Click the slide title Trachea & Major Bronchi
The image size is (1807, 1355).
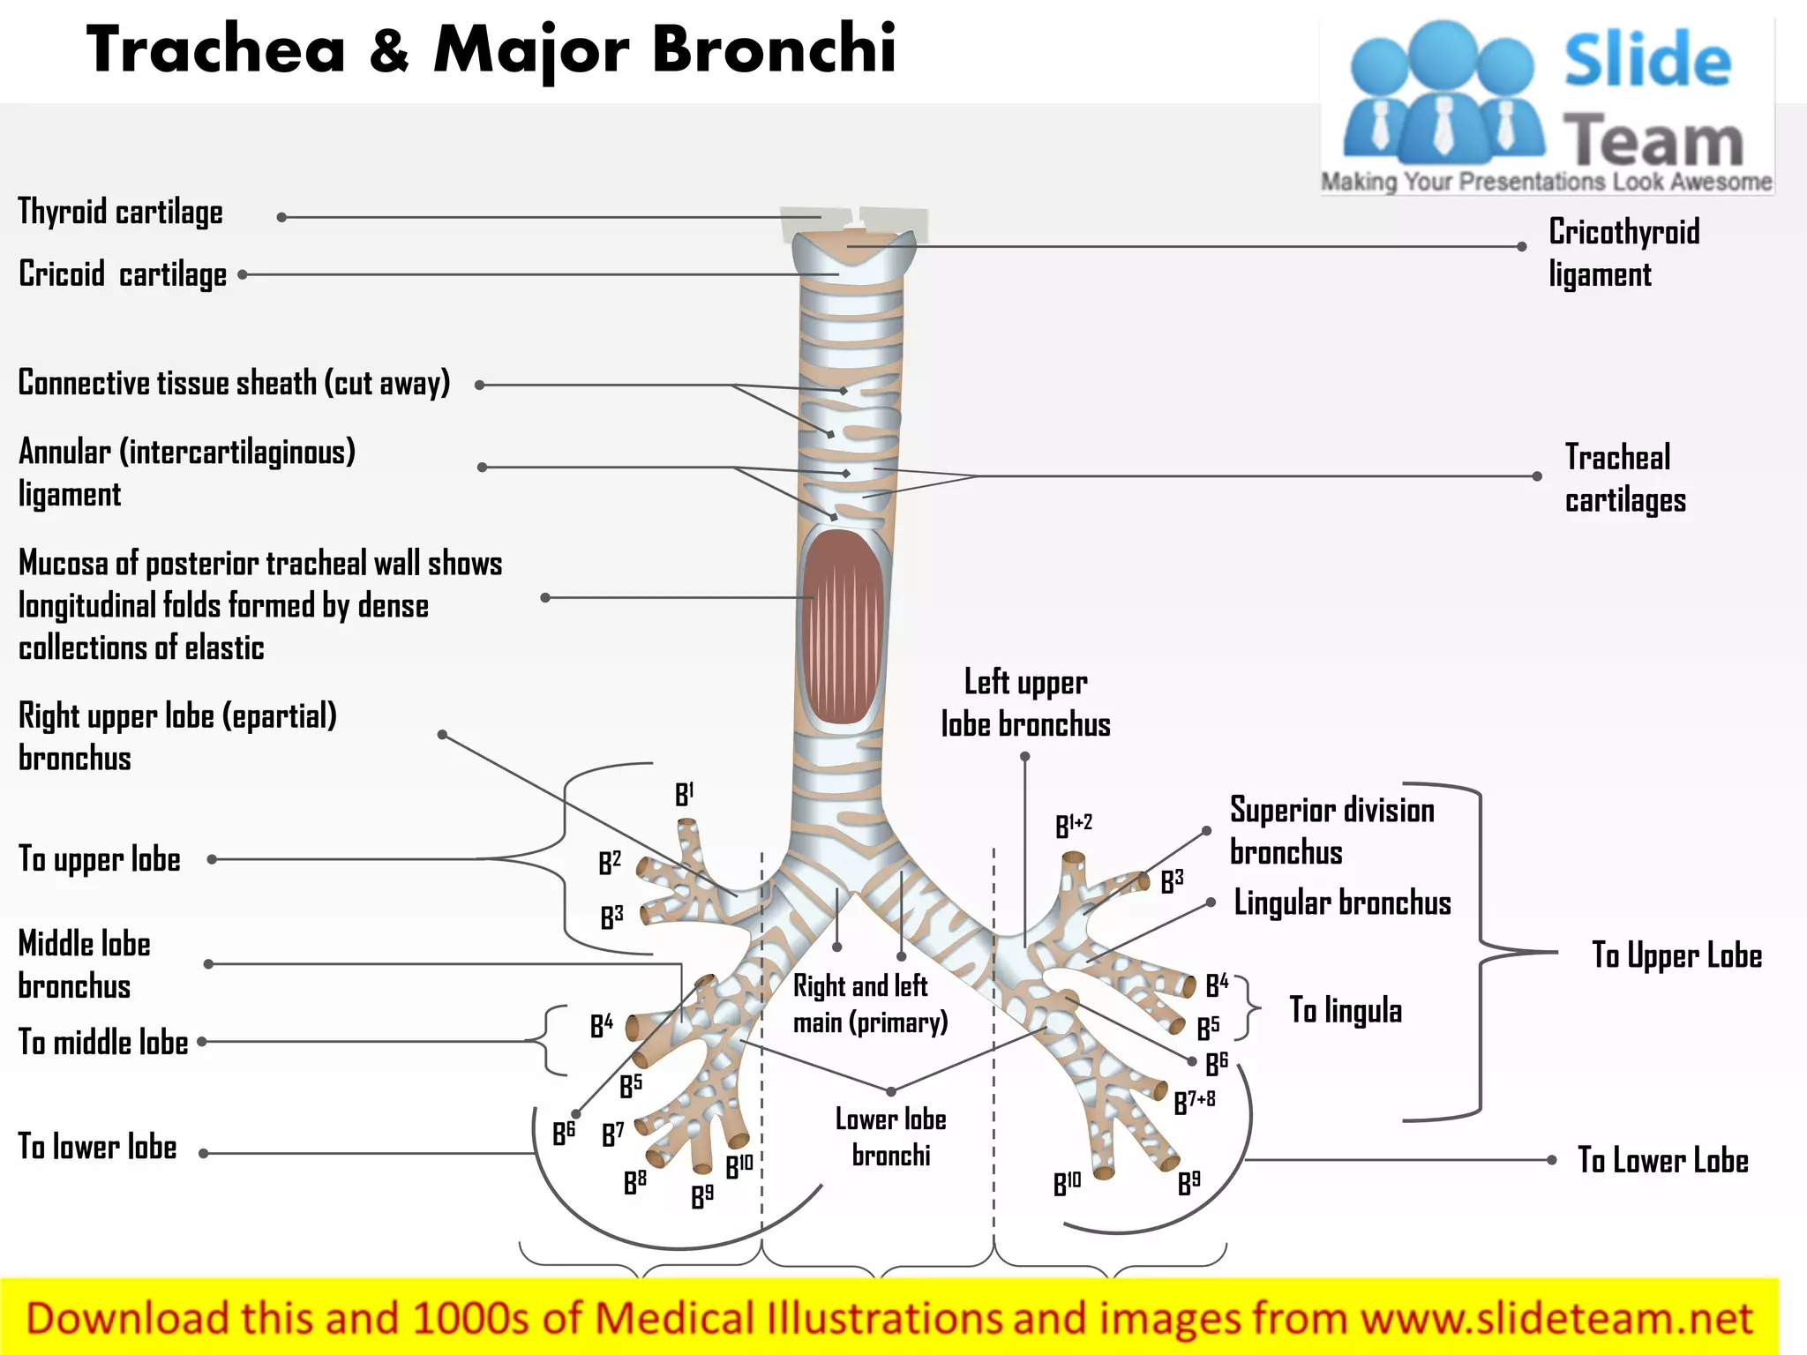coord(491,49)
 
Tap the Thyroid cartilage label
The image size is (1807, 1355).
coord(121,213)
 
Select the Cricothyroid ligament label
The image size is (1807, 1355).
coord(1623,253)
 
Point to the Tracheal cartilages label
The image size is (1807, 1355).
coord(1624,478)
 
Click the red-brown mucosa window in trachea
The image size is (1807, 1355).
coord(843,626)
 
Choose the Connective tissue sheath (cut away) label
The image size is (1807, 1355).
coord(234,384)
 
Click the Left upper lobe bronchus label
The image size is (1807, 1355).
coord(1025,703)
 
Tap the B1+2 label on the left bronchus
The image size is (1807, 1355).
coord(1074,825)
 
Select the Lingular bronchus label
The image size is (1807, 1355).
coord(1342,903)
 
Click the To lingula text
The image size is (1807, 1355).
coord(1346,1010)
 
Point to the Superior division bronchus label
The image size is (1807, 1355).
coord(1331,831)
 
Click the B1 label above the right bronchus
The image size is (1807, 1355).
coord(685,794)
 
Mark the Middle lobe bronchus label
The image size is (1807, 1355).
coord(85,964)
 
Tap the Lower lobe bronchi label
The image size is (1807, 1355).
coord(890,1137)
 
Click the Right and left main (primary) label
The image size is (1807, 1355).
coord(870,1004)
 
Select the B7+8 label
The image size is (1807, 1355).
coord(1195,1101)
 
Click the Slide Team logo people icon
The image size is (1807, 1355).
coord(1443,93)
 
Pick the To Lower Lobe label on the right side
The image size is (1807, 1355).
coord(1662,1161)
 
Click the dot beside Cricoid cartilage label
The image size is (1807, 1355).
coord(243,275)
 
